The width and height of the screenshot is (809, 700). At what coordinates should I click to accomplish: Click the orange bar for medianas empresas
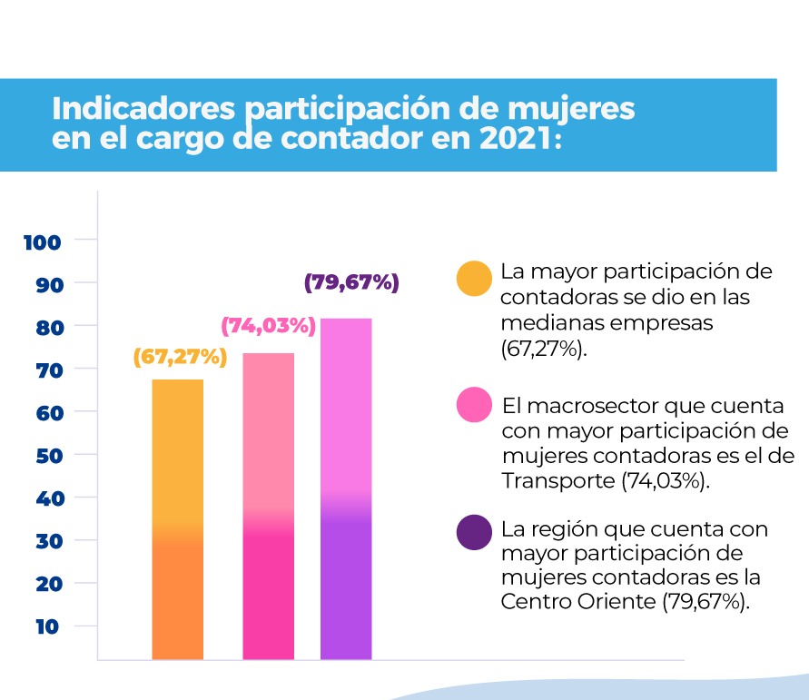click(178, 518)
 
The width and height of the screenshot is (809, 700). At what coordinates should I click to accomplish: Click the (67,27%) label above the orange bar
click(179, 357)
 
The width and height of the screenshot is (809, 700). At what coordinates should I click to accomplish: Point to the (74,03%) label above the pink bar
click(269, 325)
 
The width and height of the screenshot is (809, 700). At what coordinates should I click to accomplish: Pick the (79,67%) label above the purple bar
click(351, 282)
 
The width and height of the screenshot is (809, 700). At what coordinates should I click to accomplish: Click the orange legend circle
click(474, 279)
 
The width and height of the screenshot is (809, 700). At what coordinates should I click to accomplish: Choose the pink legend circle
click(474, 404)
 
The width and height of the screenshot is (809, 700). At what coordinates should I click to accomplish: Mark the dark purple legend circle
click(474, 533)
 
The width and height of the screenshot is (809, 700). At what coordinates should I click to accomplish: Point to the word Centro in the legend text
click(532, 601)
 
